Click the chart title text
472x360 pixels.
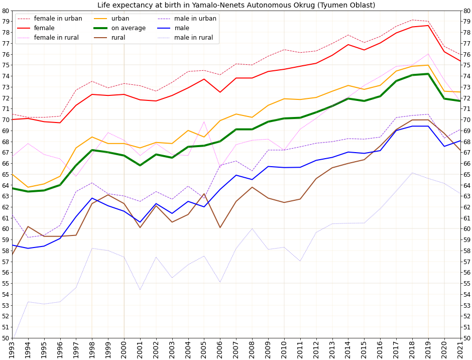[x=236, y=5]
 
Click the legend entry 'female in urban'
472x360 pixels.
[x=58, y=19]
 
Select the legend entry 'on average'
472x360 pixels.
[x=128, y=28]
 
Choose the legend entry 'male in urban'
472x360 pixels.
[x=195, y=19]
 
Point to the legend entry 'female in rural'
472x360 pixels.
[x=57, y=38]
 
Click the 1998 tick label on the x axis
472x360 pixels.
[x=92, y=349]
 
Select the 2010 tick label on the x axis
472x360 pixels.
[x=284, y=349]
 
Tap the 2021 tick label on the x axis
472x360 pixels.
[x=460, y=349]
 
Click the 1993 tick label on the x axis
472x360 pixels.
[x=12, y=349]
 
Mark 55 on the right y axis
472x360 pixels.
[x=466, y=283]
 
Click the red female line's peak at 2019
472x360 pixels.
[x=428, y=26]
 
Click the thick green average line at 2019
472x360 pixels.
[x=428, y=74]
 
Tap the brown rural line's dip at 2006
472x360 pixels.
[x=220, y=227]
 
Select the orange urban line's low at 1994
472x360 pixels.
[x=28, y=187]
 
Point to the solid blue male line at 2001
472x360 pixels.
[x=140, y=222]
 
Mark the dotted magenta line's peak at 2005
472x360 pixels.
[x=204, y=122]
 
